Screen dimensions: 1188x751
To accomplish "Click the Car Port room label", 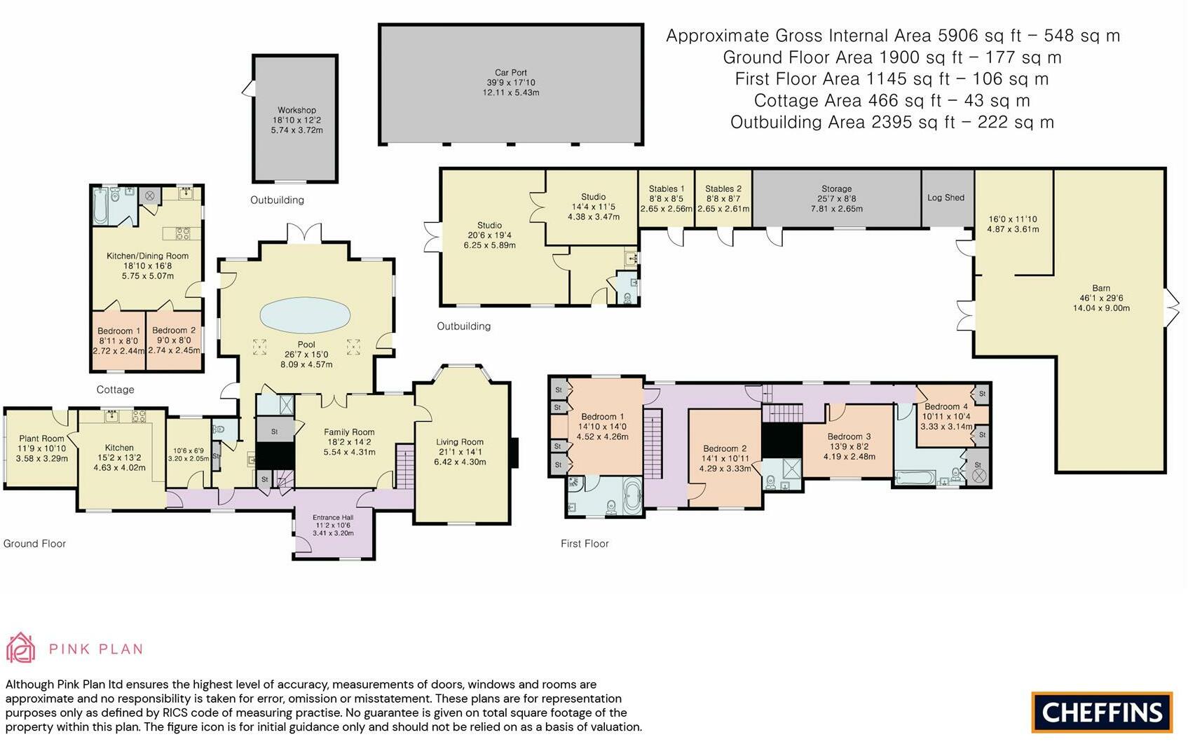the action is pos(511,73).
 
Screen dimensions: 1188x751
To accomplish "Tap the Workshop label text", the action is pos(296,110).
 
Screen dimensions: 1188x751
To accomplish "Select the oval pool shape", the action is pos(305,315).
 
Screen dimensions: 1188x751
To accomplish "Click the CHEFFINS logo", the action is pos(1102,712).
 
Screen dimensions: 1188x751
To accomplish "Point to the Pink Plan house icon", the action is pos(21,647).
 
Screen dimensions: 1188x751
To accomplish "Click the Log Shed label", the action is pos(945,198).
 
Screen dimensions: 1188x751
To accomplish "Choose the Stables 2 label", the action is pos(723,188).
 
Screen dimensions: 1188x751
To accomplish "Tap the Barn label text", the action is pos(1101,289).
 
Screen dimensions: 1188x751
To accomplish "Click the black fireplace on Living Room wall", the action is pos(513,453).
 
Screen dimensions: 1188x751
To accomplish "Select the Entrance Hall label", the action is pos(333,518).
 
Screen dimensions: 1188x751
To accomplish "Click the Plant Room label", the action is pos(41,439).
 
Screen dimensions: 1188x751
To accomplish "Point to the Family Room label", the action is pos(349,432).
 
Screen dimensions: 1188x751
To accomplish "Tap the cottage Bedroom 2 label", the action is pos(174,330).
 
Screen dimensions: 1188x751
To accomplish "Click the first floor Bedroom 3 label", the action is pos(849,436).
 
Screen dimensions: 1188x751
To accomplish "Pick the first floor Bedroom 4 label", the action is pos(946,406).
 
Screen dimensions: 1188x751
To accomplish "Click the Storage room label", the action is pos(836,188).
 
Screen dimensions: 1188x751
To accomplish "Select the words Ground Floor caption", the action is pos(34,544).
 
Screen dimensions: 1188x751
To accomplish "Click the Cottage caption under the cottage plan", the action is pos(115,390).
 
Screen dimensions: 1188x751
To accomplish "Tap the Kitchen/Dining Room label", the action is pos(147,256).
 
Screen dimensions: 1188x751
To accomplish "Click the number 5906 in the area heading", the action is pos(958,36).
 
